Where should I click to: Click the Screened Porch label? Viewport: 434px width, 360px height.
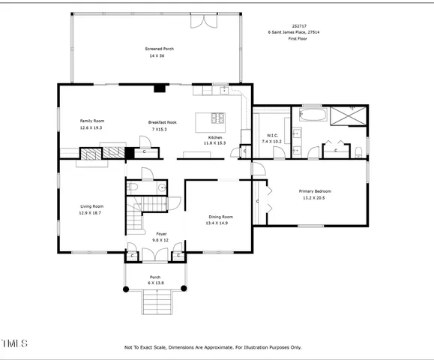(159, 49)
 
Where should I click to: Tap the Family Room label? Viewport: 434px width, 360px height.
(92, 121)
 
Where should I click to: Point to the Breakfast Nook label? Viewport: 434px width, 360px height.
(163, 122)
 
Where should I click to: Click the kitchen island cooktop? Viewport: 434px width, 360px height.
(218, 118)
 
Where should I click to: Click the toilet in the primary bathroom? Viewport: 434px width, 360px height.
(359, 151)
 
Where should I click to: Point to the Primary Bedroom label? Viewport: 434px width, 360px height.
(315, 191)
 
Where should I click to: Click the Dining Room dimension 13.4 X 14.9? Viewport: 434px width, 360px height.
(221, 223)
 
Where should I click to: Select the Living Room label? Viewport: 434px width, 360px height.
(92, 206)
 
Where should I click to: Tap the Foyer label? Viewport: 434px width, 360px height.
(161, 234)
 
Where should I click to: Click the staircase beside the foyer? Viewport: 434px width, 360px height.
(136, 217)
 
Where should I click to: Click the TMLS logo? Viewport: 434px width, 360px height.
(14, 343)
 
